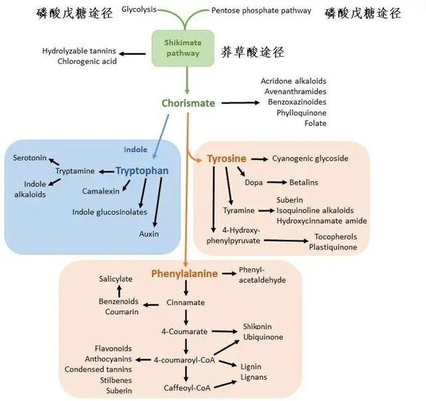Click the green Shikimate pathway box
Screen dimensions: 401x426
[182, 49]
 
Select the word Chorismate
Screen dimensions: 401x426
[188, 103]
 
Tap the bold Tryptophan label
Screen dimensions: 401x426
[142, 171]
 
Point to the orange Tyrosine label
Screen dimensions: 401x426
[226, 159]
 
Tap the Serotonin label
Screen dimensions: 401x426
[30, 158]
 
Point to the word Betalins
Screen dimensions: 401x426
[304, 182]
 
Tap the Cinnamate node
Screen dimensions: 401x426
[186, 302]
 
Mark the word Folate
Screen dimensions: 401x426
[315, 123]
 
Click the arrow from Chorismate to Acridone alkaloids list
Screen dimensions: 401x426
[240, 103]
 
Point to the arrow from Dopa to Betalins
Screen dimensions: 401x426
[278, 182]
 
